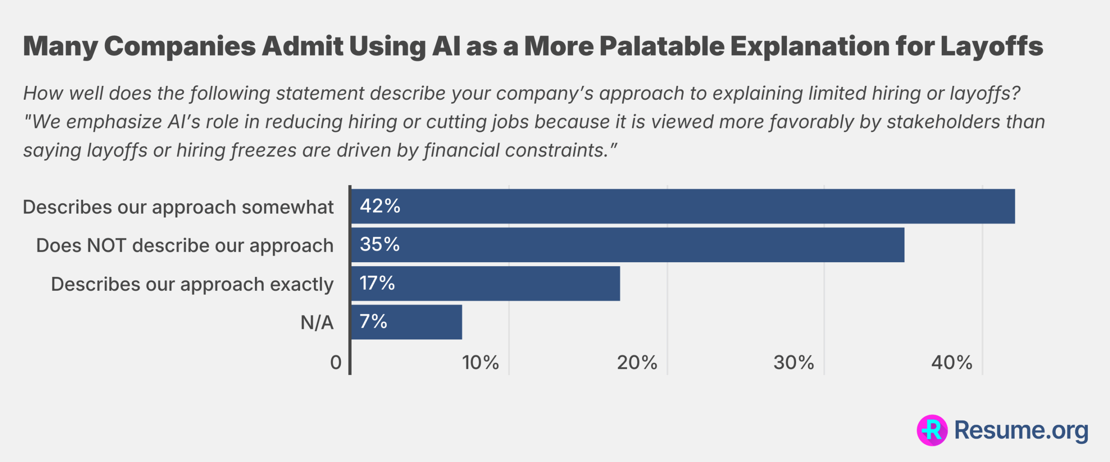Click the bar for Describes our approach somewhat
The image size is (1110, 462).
coord(683,206)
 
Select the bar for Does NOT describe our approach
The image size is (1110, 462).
coord(627,245)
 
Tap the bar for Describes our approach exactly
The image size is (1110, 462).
coord(485,283)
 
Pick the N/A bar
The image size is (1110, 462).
coord(406,322)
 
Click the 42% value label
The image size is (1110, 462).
coord(380,206)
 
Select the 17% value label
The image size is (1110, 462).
coord(377,283)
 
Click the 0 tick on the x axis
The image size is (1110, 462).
coord(336,363)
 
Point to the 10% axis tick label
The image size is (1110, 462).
coord(480,363)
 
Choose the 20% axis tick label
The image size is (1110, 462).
coord(637,363)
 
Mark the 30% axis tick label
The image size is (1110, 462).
coord(793,363)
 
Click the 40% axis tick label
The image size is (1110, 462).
coord(952,363)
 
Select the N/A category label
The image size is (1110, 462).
coord(317,323)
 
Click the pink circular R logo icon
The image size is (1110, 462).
coord(932,430)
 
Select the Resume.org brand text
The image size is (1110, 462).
coord(1021,430)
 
